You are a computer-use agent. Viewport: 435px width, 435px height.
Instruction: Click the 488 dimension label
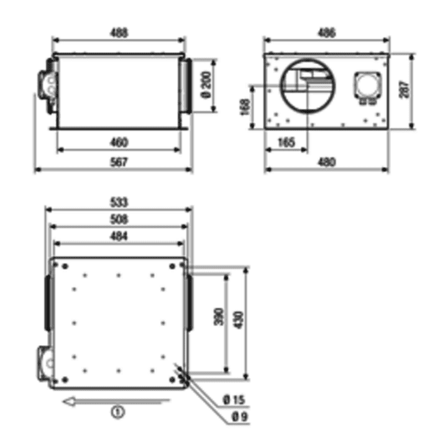click(119, 33)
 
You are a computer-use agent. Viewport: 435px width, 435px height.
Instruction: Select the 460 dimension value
click(119, 142)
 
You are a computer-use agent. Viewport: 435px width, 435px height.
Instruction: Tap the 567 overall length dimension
click(119, 162)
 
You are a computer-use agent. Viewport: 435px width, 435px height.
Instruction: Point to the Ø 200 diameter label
click(206, 85)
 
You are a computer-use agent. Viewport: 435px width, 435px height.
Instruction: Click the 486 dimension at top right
click(326, 33)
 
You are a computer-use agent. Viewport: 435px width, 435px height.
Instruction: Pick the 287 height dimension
click(404, 89)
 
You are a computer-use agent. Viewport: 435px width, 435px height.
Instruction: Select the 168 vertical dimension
click(245, 107)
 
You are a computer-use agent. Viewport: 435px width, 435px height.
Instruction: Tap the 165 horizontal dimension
click(286, 142)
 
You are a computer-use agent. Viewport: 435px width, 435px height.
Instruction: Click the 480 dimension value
click(327, 162)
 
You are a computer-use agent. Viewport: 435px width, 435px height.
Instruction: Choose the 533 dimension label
click(119, 202)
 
